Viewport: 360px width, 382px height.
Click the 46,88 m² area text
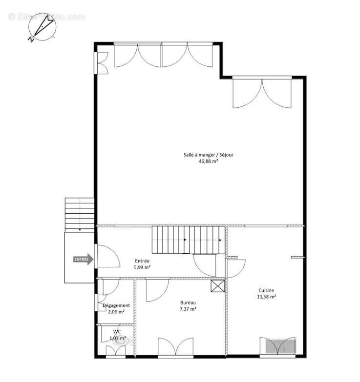(208, 161)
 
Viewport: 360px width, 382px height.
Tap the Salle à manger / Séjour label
(208, 155)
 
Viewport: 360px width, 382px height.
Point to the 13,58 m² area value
(267, 297)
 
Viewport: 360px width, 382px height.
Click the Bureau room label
(188, 302)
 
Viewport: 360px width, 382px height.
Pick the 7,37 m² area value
(188, 309)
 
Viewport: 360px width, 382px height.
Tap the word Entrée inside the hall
(142, 261)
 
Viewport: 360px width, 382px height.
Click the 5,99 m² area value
(142, 267)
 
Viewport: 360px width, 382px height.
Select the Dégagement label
(116, 305)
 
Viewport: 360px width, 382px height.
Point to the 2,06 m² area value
(116, 312)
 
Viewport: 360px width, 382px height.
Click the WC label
(117, 332)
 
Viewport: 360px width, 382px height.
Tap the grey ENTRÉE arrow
(84, 259)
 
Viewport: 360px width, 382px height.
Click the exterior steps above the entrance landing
(79, 214)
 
